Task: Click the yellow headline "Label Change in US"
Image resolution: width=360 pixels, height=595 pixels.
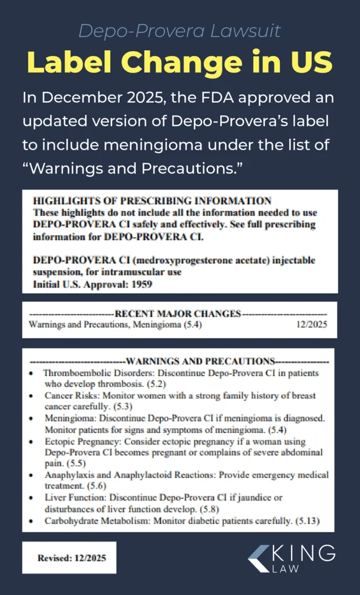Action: (x=179, y=63)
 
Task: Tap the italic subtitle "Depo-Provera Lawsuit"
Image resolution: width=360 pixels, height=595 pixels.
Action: (x=179, y=31)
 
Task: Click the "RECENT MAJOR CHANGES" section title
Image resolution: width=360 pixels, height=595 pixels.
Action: (x=178, y=314)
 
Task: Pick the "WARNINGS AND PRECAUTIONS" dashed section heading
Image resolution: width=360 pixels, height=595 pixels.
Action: (x=200, y=361)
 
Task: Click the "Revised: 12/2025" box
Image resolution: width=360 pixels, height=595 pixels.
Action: (x=69, y=558)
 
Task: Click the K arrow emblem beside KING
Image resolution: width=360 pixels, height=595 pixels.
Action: (x=258, y=558)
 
